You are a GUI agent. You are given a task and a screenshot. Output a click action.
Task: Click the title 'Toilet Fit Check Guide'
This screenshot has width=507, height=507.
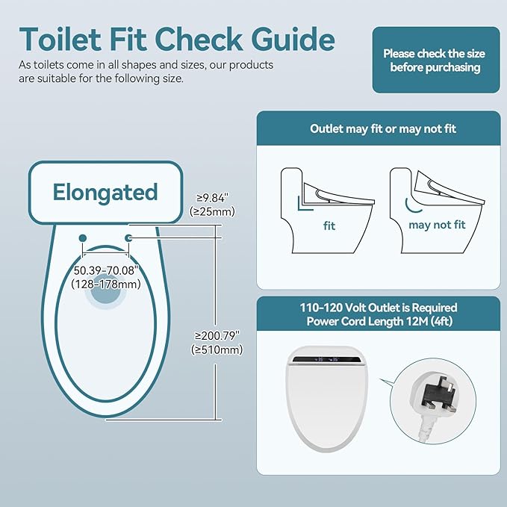click(x=177, y=38)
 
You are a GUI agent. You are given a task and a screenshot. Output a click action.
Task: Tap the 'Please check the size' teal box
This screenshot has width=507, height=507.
click(x=436, y=60)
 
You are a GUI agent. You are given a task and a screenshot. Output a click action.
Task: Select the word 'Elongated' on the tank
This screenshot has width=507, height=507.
click(x=105, y=192)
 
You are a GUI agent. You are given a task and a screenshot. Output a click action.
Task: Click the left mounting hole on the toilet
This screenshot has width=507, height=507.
click(x=82, y=237)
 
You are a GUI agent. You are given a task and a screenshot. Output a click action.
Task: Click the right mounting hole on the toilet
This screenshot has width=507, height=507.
click(x=128, y=237)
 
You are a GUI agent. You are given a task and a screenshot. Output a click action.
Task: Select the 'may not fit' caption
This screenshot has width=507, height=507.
click(x=437, y=224)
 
